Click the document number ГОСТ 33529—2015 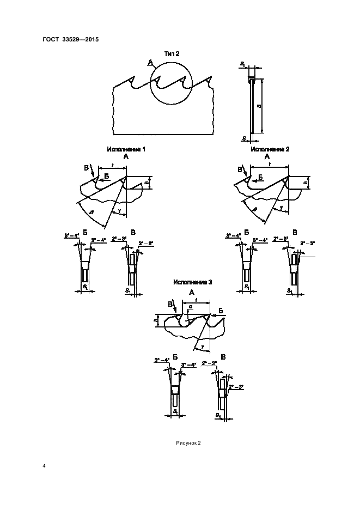(70, 39)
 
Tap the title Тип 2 (172, 53)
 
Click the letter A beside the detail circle (149, 64)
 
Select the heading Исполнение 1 (126, 148)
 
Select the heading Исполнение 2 (270, 148)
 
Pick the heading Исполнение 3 (192, 282)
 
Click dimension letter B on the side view (258, 107)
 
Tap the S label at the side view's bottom (243, 137)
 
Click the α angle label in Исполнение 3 (191, 307)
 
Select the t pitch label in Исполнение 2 (269, 163)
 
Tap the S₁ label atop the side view (242, 64)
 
